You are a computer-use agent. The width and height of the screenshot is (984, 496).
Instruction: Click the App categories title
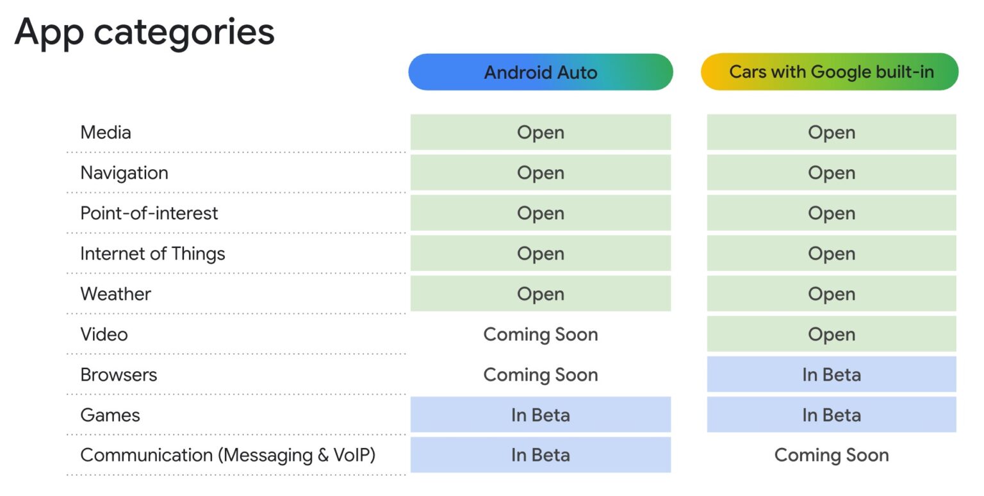(144, 32)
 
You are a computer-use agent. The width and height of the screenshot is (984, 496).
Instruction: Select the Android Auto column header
(540, 72)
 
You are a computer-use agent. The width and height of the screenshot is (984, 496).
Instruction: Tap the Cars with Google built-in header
(830, 72)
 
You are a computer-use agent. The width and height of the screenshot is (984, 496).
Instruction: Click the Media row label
(106, 133)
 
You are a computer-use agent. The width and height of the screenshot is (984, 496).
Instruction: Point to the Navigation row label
(124, 173)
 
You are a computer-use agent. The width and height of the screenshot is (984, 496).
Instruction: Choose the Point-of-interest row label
(149, 213)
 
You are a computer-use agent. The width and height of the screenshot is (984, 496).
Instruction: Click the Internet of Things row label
(152, 254)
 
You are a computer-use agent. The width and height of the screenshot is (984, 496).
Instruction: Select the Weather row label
(116, 294)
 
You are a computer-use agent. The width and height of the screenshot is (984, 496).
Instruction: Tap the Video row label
(104, 335)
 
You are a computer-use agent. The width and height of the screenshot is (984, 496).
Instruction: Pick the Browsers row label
(119, 375)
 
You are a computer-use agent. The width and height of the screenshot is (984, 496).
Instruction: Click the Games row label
(110, 415)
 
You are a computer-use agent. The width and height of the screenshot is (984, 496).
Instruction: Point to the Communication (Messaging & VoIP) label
(227, 456)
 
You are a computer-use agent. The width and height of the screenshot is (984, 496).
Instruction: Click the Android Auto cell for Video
(540, 335)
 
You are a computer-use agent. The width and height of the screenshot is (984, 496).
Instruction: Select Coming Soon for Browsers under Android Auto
(540, 375)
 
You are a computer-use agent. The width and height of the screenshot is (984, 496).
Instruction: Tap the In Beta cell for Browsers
(831, 375)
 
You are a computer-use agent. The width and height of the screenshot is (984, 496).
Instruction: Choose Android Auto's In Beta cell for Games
(540, 415)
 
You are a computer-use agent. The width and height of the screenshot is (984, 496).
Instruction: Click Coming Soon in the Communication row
(831, 456)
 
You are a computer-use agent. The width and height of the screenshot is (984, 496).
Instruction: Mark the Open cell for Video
(831, 335)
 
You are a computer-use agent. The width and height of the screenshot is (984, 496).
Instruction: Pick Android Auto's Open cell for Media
(540, 133)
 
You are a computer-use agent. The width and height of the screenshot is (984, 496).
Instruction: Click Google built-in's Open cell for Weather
(831, 294)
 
